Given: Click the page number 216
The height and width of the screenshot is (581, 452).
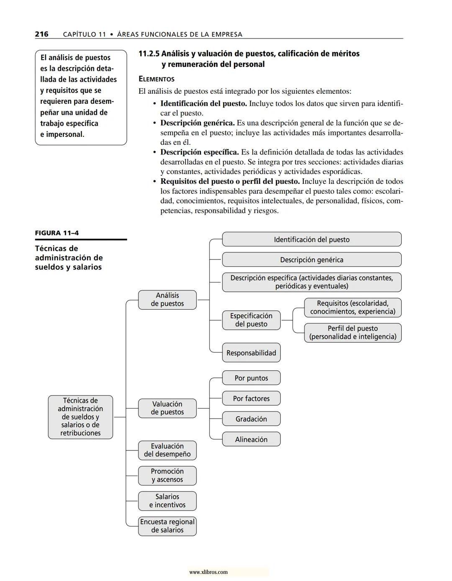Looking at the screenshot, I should point(41,34).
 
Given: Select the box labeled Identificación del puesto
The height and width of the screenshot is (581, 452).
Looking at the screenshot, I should point(311,239).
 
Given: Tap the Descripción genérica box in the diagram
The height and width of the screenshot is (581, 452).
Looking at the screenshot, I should point(311,260).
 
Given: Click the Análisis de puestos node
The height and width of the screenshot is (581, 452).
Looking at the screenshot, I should point(167,300).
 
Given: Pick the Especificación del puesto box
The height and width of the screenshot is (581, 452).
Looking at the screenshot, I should point(251,320).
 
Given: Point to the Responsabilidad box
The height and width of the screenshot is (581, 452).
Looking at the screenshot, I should point(251,353).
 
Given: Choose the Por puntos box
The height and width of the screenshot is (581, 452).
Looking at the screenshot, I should point(251,378).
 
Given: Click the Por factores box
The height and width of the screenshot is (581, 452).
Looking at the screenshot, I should point(251,398).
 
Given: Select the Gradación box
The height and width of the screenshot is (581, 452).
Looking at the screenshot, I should point(251,419).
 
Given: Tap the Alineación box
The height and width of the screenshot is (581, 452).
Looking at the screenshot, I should point(251,440).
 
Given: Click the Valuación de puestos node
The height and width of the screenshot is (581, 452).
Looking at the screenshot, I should point(167,408).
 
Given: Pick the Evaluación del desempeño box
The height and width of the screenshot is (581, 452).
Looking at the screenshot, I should point(167,450).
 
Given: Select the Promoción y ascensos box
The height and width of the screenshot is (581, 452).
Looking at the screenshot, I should point(167,476).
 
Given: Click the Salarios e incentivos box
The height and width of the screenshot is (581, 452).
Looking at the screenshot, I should point(167,501).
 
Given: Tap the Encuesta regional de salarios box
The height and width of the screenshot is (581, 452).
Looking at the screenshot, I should point(167,526).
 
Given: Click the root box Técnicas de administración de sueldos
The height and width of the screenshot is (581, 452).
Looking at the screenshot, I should point(80,417).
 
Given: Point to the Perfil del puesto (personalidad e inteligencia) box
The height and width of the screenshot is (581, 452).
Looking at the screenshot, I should point(352,333).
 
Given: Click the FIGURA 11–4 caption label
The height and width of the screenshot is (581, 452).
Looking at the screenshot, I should point(56,233).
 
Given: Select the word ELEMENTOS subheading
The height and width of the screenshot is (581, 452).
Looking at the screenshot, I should point(157,79).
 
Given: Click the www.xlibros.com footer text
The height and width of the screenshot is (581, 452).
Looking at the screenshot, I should point(208,572).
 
